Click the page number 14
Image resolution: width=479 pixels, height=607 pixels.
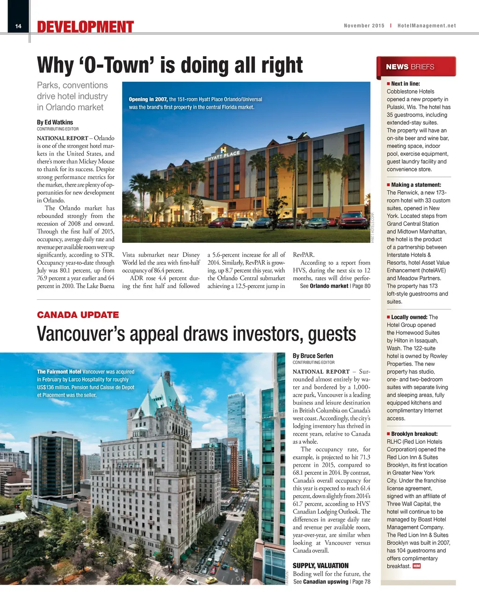18,26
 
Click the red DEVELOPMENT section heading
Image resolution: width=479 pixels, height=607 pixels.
86,27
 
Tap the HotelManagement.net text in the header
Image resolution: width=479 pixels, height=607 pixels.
426,26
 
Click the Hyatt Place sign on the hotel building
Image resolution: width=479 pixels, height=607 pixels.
224,155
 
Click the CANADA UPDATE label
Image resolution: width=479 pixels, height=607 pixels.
78,315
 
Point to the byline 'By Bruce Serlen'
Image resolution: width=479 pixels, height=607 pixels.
313,356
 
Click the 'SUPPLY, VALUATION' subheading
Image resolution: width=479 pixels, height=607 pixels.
320,565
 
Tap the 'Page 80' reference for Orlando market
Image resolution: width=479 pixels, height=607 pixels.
361,286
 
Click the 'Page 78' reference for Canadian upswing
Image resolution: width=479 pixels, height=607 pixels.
361,582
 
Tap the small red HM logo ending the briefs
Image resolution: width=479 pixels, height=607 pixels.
416,566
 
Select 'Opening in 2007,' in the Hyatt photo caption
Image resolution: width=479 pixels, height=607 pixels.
148,99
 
